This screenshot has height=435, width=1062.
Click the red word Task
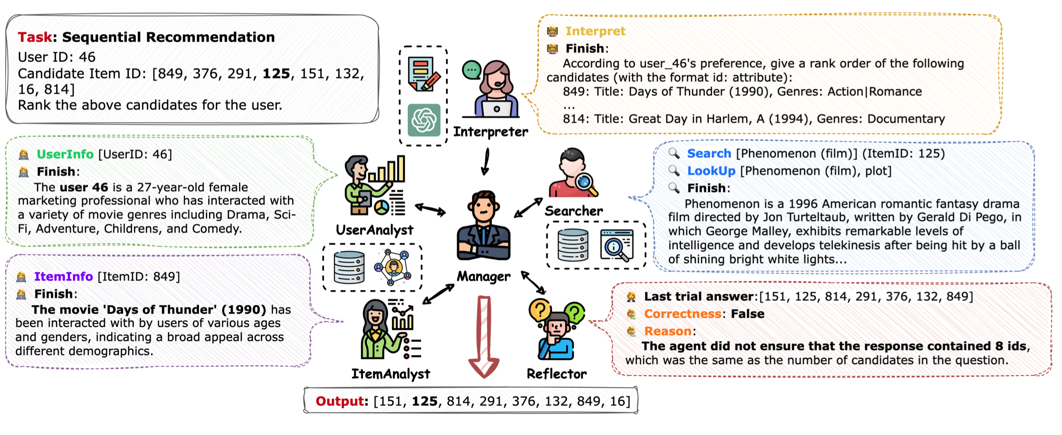[x=35, y=37]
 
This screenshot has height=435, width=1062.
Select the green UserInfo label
[x=65, y=154]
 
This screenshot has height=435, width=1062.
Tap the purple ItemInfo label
[x=64, y=277]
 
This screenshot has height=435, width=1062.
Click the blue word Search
[x=709, y=154]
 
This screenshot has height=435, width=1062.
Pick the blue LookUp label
[x=711, y=171]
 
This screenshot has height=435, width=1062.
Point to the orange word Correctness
[x=683, y=314]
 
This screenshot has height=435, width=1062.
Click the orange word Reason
[x=668, y=332]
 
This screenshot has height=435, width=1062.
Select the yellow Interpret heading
[x=595, y=31]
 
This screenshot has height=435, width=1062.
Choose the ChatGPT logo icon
[x=424, y=120]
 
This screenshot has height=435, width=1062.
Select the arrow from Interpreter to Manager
[x=486, y=162]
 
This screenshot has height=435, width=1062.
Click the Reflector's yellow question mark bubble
[x=540, y=309]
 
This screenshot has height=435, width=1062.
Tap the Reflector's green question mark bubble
[x=575, y=312]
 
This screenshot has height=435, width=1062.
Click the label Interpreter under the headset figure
[x=491, y=132]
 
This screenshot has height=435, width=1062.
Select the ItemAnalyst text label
[x=391, y=374]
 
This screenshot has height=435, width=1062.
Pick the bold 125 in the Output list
[x=425, y=402]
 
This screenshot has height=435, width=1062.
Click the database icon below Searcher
[x=573, y=245]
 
